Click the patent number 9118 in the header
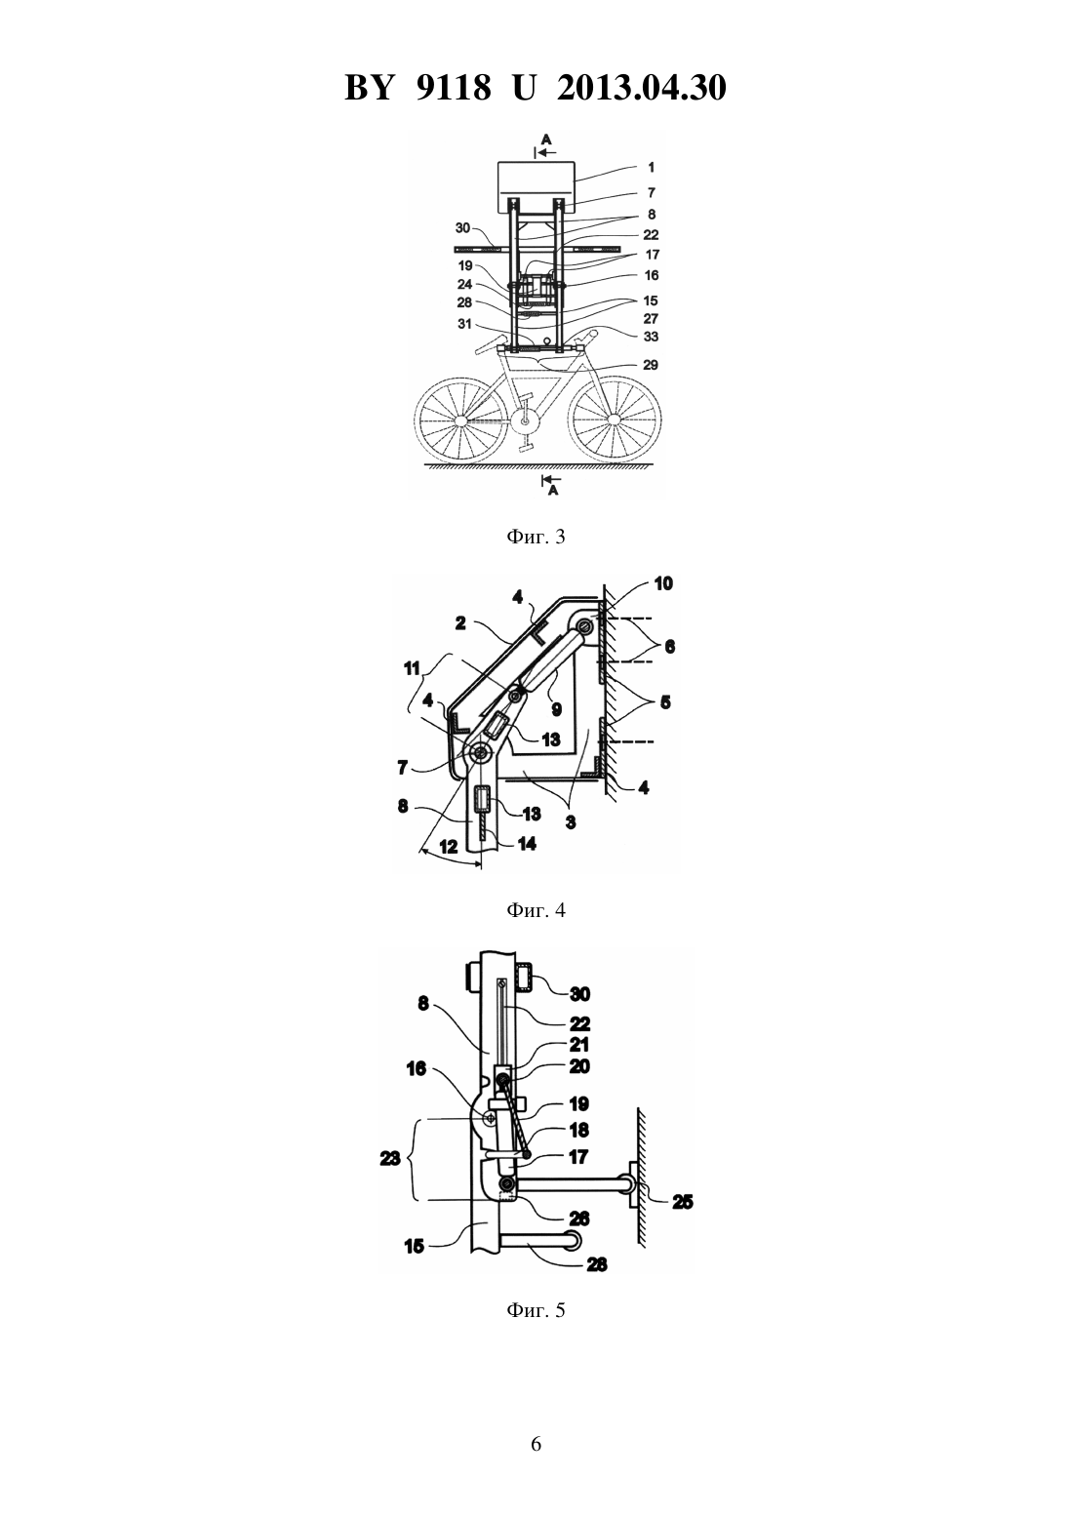point(453,88)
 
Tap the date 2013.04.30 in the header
point(642,88)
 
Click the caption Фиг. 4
point(536,910)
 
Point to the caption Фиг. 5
point(536,1310)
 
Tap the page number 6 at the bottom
point(536,1444)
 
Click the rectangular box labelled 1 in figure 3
point(536,187)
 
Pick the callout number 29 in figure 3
point(650,365)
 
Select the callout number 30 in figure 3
point(462,228)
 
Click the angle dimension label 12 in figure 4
point(449,847)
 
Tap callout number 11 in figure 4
point(412,668)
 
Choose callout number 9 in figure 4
point(556,709)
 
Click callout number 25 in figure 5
point(682,1202)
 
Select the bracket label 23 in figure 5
point(389,1158)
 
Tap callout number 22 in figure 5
point(579,1022)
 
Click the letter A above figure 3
point(546,139)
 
